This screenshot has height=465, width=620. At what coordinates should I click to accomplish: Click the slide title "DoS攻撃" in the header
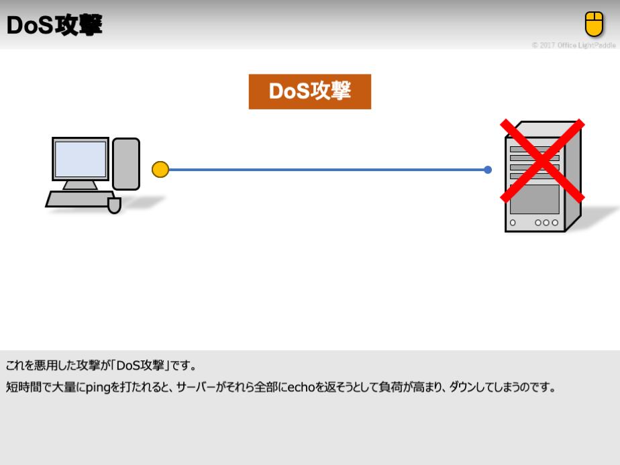pyautogui.click(x=54, y=25)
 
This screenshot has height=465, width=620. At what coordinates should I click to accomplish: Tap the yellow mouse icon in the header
pyautogui.click(x=594, y=24)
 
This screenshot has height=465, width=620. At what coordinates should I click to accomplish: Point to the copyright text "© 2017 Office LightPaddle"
pyautogui.click(x=574, y=45)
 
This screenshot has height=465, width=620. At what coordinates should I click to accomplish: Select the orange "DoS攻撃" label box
pyautogui.click(x=309, y=91)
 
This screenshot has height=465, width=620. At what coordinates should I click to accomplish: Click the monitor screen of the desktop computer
pyautogui.click(x=81, y=159)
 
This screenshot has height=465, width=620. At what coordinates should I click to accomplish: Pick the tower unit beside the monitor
pyautogui.click(x=126, y=164)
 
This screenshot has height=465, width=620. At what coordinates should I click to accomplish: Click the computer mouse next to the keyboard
pyautogui.click(x=114, y=205)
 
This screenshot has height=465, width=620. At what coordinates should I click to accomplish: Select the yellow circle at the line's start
pyautogui.click(x=160, y=170)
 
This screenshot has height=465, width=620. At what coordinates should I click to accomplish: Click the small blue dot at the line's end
pyautogui.click(x=488, y=170)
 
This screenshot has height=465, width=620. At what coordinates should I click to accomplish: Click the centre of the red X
pyautogui.click(x=542, y=160)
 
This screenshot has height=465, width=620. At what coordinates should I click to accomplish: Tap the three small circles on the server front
pyautogui.click(x=546, y=223)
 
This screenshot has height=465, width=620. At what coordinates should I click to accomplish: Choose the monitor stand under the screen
pyautogui.click(x=80, y=185)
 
